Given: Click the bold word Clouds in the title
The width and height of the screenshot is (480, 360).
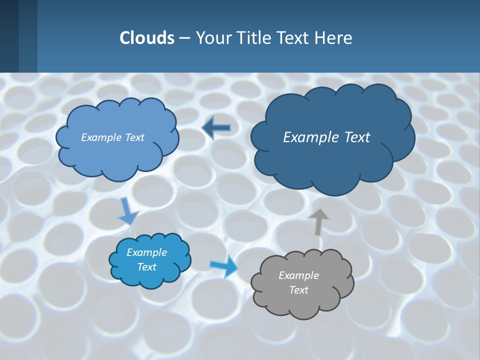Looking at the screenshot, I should pos(146,38).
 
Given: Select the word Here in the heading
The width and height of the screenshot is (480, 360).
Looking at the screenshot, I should pos(334,38).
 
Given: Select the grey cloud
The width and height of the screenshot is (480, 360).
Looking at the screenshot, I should pos(302,300).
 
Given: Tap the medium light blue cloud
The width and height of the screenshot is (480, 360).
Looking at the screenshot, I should pos(117,155).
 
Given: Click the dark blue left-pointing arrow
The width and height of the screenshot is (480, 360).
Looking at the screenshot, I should pos(216,128).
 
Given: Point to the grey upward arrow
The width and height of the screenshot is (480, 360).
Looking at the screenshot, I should pos(318,221).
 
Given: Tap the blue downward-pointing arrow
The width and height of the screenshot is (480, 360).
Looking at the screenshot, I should pos(127,211).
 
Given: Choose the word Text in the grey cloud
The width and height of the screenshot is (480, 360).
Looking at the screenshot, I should pos(298,290).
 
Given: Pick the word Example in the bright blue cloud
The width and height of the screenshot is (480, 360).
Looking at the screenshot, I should pos(146,252).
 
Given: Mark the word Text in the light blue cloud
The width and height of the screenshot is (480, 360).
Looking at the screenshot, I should pos(133,137).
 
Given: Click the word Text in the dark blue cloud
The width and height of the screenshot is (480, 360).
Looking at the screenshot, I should pos(356,137).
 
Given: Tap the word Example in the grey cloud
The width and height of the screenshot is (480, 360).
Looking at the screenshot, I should pos(298,275).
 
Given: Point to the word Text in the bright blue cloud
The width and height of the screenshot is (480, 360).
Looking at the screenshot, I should pos(146,267).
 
